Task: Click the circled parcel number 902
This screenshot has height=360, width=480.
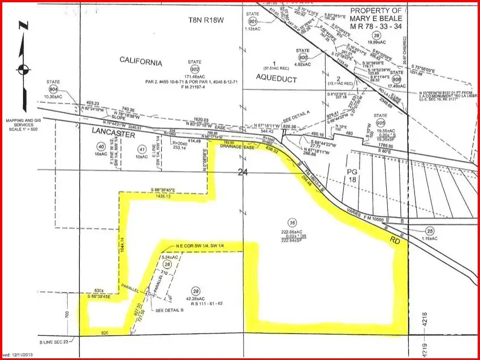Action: tap(197, 66)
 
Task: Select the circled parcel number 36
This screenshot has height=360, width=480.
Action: tap(292, 222)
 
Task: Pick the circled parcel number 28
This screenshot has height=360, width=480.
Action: tap(167, 264)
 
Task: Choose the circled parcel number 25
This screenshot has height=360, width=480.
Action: tap(430, 231)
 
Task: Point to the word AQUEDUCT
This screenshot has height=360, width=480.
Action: tap(276, 79)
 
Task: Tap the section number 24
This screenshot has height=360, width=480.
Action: tap(244, 174)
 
